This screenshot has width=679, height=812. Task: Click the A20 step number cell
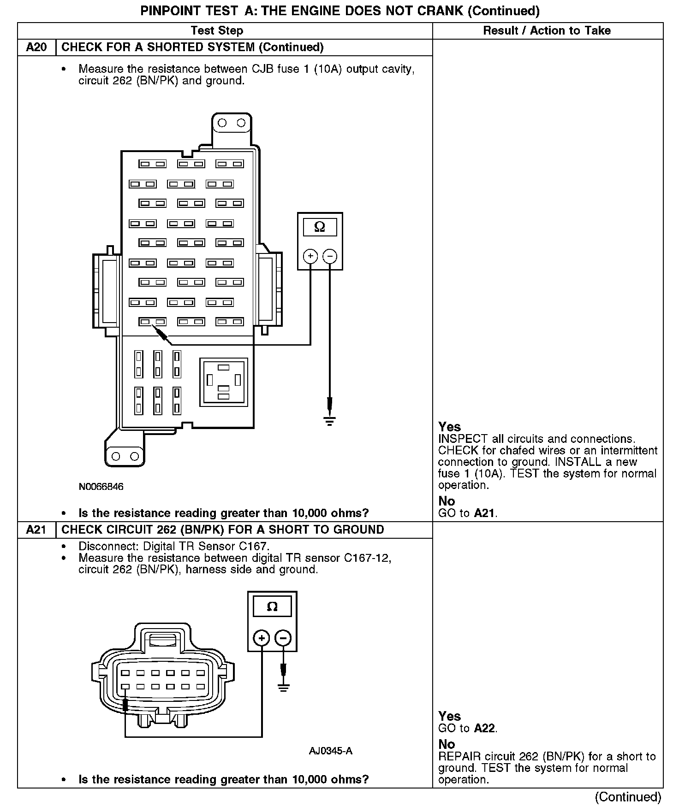click(36, 47)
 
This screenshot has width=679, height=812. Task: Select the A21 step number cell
click(36, 530)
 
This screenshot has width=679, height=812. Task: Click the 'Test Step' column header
click(217, 31)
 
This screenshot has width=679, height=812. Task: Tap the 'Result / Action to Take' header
click(547, 31)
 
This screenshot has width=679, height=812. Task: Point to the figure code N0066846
click(101, 487)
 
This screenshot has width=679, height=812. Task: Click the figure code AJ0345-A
click(330, 751)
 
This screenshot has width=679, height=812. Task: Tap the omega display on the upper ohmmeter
click(319, 227)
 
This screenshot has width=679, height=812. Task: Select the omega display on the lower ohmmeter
click(272, 606)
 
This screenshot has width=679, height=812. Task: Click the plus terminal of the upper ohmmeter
click(310, 256)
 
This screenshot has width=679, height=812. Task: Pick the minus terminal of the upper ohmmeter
click(329, 256)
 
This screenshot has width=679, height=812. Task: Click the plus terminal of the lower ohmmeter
click(262, 638)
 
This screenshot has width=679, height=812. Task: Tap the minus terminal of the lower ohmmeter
click(283, 638)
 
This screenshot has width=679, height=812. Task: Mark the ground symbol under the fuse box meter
click(329, 421)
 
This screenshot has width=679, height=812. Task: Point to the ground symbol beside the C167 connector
click(283, 688)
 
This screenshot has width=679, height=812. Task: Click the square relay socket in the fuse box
click(224, 382)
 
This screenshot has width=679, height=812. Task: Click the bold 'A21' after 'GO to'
click(485, 513)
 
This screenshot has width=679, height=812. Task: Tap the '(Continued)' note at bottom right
click(628, 797)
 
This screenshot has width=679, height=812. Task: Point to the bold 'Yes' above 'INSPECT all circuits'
click(449, 427)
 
